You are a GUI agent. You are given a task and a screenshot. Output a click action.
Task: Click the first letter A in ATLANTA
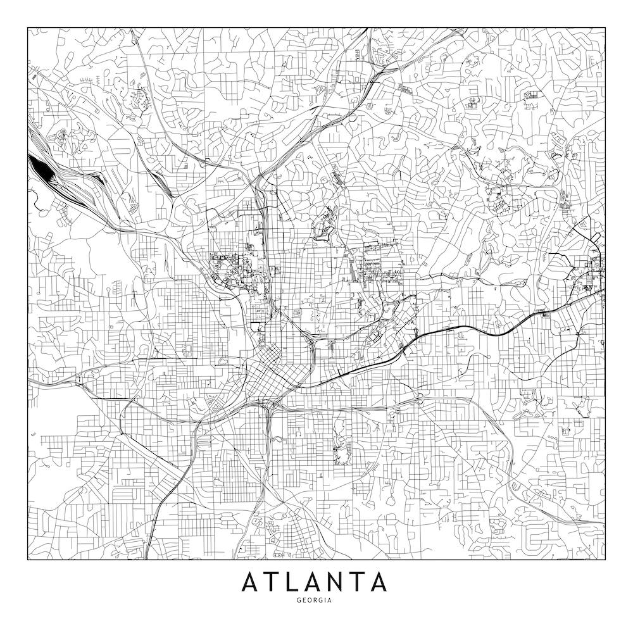(251, 581)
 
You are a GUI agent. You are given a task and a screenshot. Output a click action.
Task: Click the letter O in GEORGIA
(310, 600)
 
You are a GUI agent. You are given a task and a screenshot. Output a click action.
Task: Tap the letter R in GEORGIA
(316, 600)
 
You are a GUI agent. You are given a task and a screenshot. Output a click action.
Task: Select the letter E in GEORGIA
(303, 600)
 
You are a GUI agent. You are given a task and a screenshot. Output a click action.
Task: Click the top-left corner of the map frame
(27, 27)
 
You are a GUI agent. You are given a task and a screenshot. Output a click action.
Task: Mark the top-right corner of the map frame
(605, 27)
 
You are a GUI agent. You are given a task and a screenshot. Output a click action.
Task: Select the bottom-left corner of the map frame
(27, 560)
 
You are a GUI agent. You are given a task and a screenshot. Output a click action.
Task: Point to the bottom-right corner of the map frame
(605, 560)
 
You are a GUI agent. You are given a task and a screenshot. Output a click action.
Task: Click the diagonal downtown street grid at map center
(263, 373)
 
